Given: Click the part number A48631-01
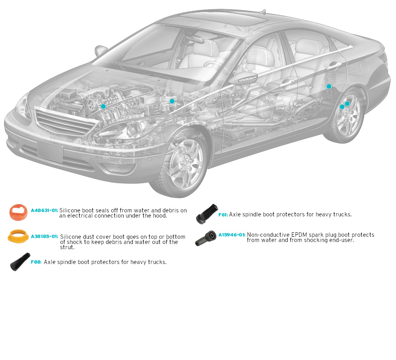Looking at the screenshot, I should pos(44,210).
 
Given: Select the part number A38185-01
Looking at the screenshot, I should pos(44,236).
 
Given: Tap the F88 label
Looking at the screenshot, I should pos(36,262).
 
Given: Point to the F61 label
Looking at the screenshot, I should pos(223,214).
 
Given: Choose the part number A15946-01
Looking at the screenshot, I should pos(232,235).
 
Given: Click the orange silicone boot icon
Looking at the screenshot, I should pos(18,212).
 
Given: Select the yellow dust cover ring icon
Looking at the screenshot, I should pos(18,236).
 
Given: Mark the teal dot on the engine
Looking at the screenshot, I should pos(103,106).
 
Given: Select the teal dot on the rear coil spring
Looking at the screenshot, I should pos(329,86).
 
